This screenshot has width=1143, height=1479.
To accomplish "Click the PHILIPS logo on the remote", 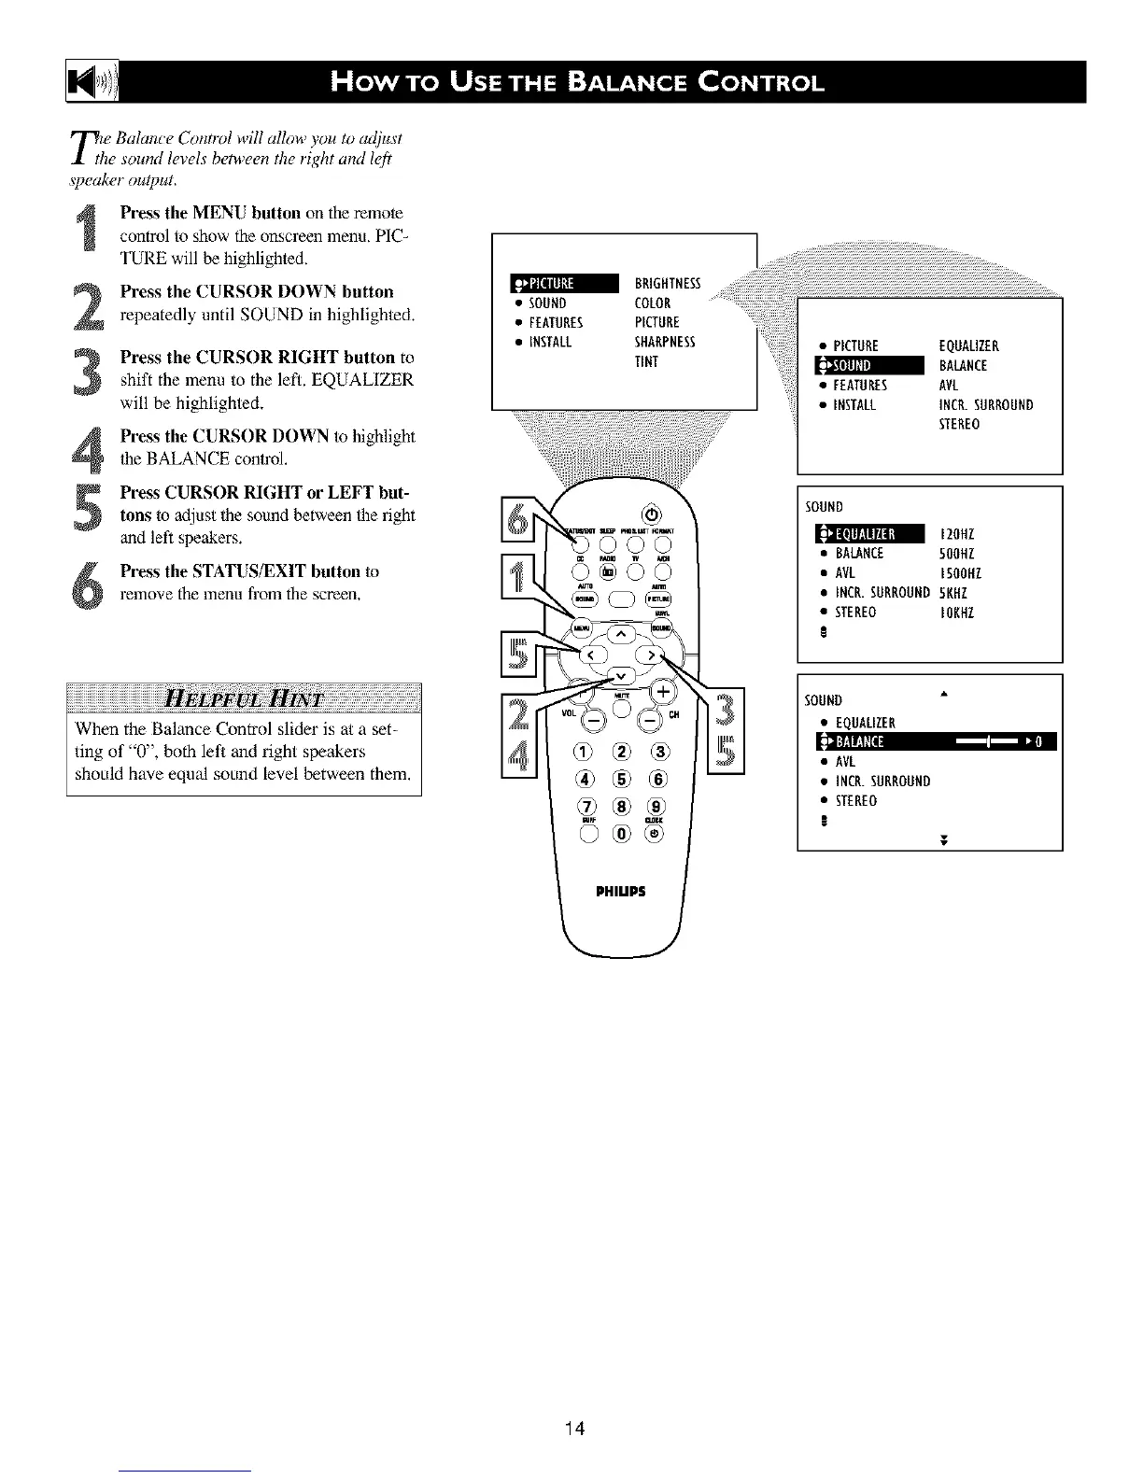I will [x=619, y=891].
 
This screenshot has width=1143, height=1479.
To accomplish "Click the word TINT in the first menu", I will [x=646, y=362].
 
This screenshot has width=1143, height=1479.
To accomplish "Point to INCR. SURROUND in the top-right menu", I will [x=985, y=405].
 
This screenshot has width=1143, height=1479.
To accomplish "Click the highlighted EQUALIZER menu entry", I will [x=868, y=534].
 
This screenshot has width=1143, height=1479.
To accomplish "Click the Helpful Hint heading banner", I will [x=244, y=697].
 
